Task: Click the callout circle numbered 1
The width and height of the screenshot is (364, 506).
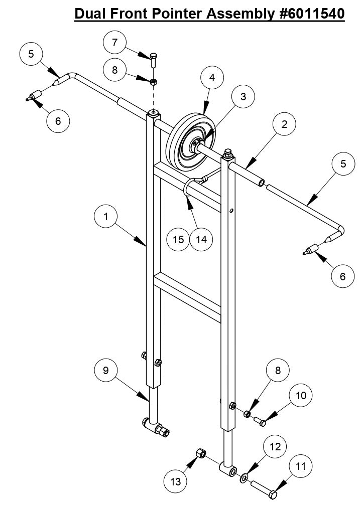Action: (106, 216)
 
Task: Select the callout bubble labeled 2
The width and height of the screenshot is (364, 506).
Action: (284, 124)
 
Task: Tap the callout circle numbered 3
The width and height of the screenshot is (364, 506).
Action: (243, 97)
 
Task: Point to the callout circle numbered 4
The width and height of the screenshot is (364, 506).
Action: (212, 78)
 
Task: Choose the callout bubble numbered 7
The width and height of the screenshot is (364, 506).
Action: (115, 43)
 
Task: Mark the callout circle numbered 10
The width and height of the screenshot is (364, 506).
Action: (300, 395)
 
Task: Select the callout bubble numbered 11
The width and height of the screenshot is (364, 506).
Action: (300, 466)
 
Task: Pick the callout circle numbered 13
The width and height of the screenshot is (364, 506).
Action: (176, 481)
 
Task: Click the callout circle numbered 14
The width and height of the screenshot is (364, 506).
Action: (201, 239)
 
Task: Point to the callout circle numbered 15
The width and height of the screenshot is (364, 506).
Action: (178, 239)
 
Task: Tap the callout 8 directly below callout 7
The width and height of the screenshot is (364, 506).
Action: (115, 70)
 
